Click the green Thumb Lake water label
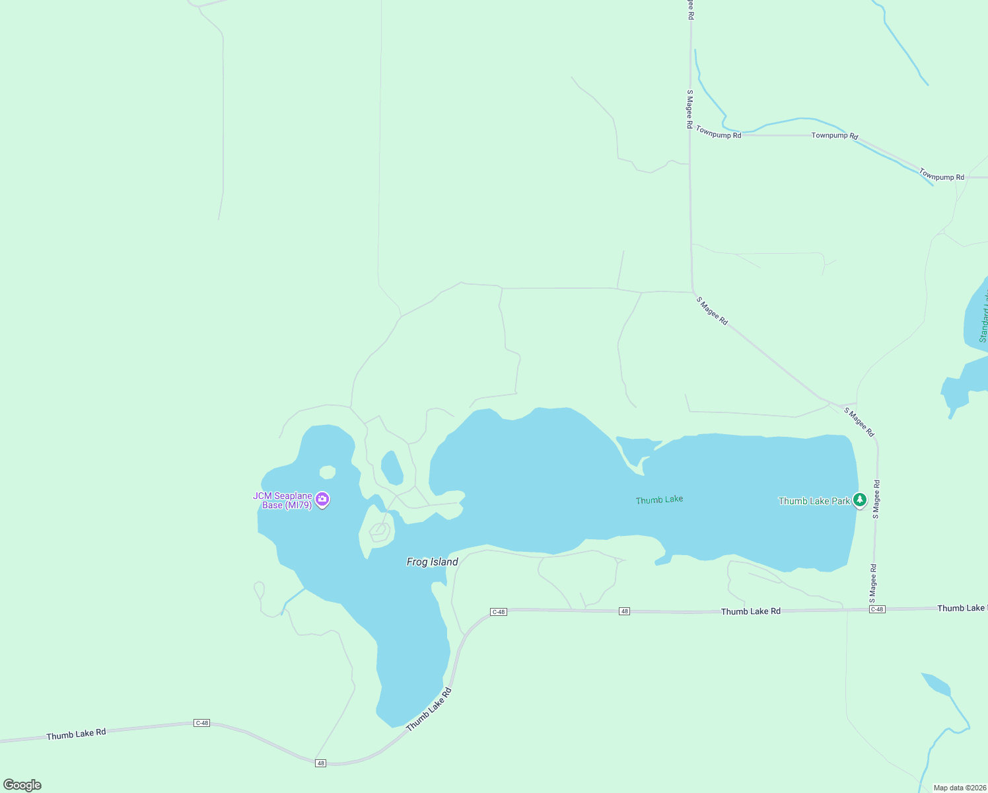coord(659,500)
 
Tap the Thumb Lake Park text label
coord(814,501)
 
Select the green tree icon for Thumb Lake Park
coord(859,500)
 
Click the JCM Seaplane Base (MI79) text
coord(283,500)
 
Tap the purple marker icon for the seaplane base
coord(322,500)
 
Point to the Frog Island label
coord(432,562)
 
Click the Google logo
coord(22,785)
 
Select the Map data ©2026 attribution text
coord(960,788)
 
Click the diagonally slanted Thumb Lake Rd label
coord(429,710)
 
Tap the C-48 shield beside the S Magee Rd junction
coord(877,609)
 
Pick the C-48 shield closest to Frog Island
coord(499,612)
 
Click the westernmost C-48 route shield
coord(201,723)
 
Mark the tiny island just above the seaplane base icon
coord(328,472)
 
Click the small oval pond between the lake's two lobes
coord(392,467)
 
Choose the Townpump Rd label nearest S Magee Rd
coord(719,132)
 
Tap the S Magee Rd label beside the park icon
coord(876,499)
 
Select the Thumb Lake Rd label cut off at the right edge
coord(962,608)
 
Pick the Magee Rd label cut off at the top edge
coord(691,9)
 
